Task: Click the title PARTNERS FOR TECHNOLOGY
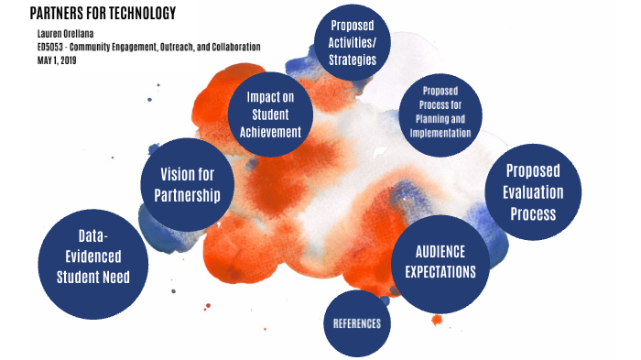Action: click(103, 13)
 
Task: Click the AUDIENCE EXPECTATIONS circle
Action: click(440, 261)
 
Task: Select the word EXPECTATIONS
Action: click(440, 272)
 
